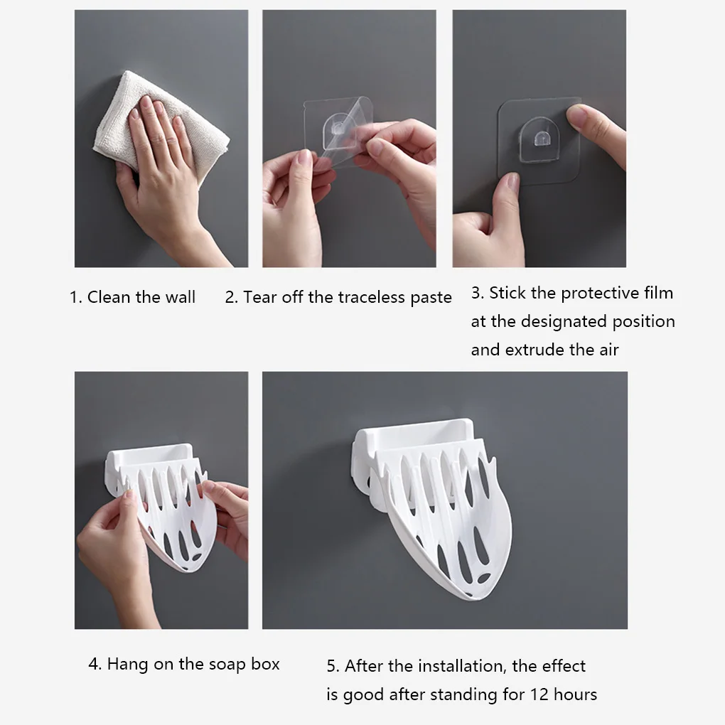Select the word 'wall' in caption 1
coord(179,297)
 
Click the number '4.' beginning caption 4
coord(95,664)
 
